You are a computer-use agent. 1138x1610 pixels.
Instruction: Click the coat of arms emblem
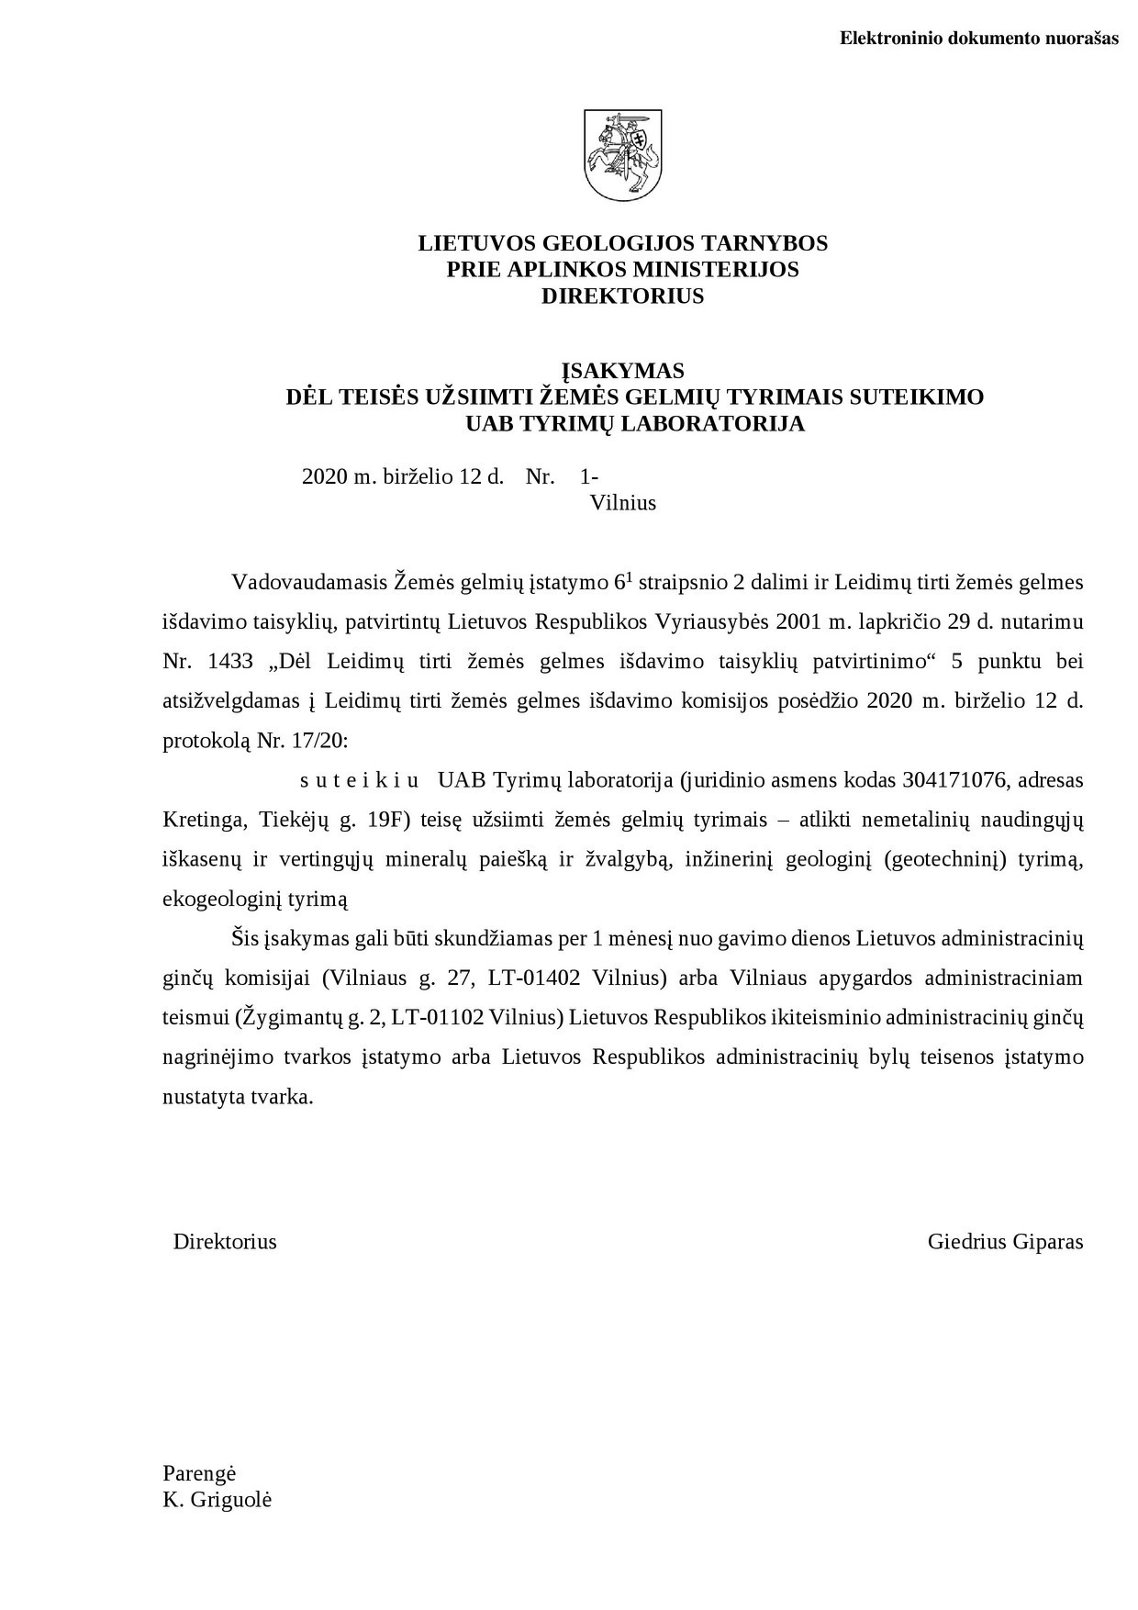point(623,155)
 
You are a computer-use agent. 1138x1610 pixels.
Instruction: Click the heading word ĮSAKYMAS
point(623,371)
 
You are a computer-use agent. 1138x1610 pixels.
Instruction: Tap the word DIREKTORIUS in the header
point(623,296)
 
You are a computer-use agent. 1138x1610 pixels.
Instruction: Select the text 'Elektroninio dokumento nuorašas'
point(979,39)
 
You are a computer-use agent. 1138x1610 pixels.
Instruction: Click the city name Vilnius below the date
point(623,503)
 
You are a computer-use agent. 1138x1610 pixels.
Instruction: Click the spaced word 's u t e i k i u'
point(360,780)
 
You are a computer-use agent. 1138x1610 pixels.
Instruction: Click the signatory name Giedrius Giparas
point(1005,1242)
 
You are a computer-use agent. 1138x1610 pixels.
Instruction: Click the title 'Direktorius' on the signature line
point(225,1242)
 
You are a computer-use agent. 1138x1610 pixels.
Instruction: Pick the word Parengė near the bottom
point(199,1473)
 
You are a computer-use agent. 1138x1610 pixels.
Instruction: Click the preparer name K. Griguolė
point(217,1500)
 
